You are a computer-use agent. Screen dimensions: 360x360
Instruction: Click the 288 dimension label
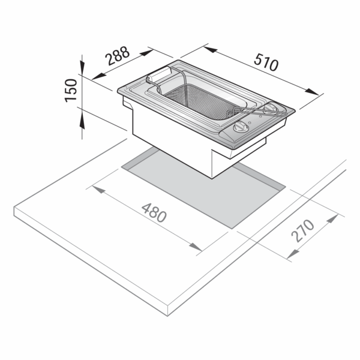(118, 56)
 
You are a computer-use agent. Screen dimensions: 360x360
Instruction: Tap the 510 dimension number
(266, 62)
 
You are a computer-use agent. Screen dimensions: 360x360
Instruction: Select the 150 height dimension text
(71, 91)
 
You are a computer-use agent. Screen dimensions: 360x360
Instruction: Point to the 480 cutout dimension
(154, 212)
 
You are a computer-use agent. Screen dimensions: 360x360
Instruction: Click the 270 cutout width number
(302, 231)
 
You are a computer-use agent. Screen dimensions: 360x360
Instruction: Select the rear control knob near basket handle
(271, 109)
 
